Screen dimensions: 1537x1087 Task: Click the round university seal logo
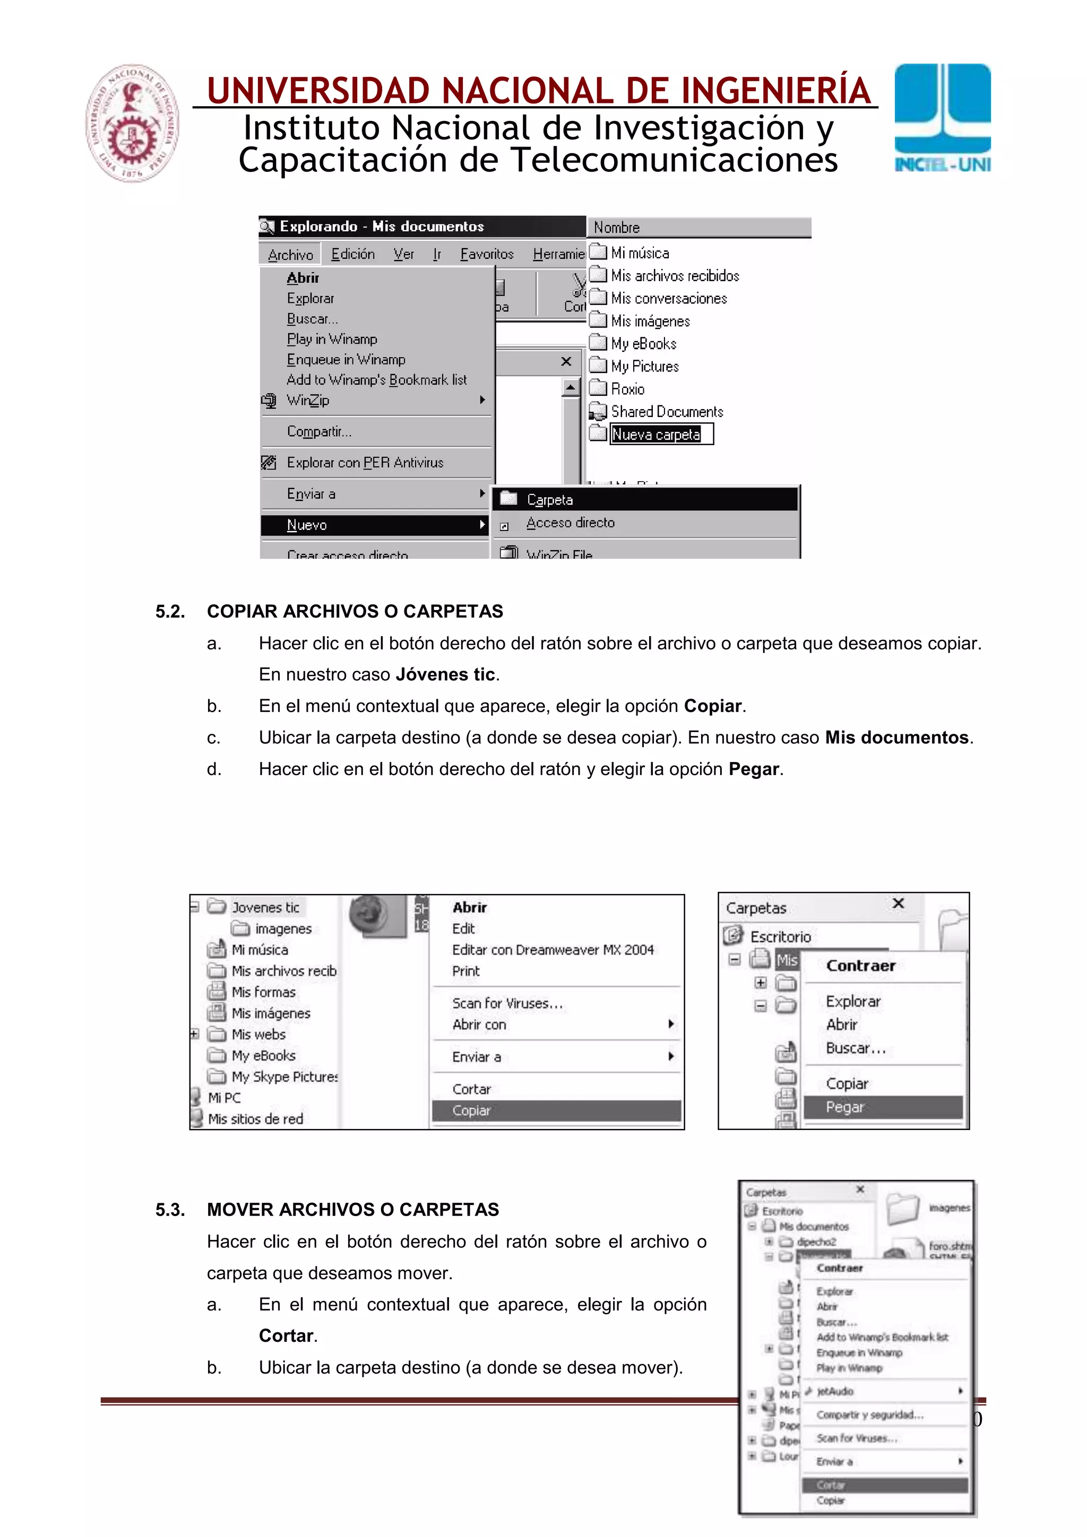[x=132, y=123]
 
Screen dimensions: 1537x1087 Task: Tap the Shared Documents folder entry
[x=667, y=412]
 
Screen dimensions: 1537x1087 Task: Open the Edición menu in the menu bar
[x=353, y=254]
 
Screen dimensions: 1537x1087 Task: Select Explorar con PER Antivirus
[x=365, y=463]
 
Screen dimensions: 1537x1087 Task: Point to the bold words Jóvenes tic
[x=445, y=674]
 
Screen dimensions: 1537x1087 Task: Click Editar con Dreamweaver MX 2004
[x=553, y=949]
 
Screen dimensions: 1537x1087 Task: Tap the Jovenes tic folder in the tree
[x=265, y=907]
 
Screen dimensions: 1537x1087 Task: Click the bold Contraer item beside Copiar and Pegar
[x=860, y=965]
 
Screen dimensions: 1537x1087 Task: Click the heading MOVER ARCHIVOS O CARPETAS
[x=353, y=1209]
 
